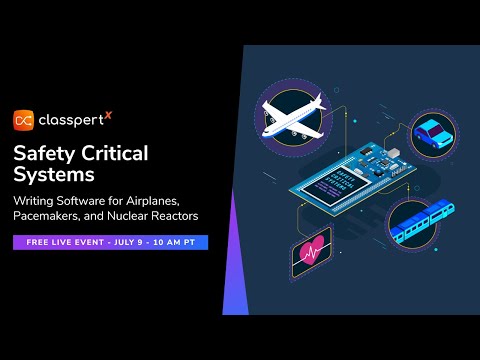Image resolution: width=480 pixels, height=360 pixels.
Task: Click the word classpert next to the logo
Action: (x=70, y=120)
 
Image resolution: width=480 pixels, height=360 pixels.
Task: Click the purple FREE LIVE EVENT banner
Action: (x=110, y=242)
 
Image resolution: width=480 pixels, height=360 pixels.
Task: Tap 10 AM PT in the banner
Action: (x=176, y=242)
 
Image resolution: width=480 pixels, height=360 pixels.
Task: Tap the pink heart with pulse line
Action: (x=310, y=253)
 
